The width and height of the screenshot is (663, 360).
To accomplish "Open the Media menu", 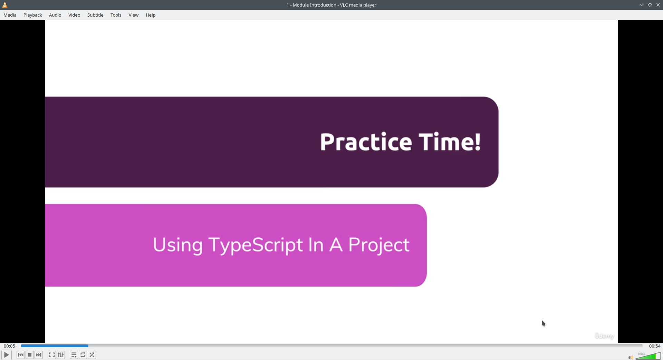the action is (x=10, y=15).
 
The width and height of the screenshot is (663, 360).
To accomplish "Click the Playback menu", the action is (x=33, y=15).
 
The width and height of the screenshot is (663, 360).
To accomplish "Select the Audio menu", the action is (x=55, y=15).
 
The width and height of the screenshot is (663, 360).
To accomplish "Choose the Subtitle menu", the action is (x=95, y=15).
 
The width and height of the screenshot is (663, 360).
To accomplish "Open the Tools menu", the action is (x=116, y=15).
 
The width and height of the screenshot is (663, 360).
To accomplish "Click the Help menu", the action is (x=151, y=15).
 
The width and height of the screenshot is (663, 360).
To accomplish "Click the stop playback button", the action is (x=30, y=355).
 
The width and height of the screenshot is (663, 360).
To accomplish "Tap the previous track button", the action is (x=21, y=355).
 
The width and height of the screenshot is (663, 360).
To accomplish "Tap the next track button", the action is (x=39, y=355).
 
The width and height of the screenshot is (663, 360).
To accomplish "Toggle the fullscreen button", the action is (x=52, y=355).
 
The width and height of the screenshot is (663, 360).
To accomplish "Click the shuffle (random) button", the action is (x=92, y=355).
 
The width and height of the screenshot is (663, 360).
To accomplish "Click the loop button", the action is (x=83, y=355).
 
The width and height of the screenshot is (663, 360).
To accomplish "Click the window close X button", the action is (x=658, y=5).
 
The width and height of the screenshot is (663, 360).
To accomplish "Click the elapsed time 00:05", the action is (x=10, y=346).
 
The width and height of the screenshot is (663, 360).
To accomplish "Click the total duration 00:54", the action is (x=655, y=346).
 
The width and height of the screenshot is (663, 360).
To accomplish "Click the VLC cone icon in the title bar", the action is (x=5, y=5).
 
